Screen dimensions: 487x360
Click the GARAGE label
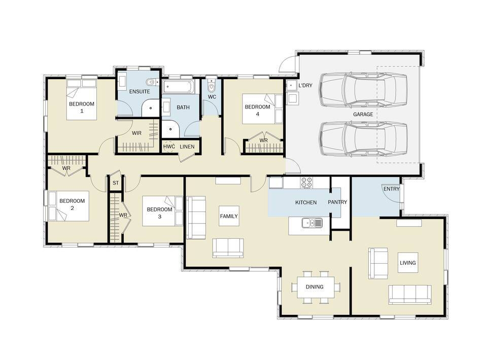click(x=363, y=114)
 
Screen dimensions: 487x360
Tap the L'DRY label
click(x=305, y=85)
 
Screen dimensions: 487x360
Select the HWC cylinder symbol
click(x=169, y=147)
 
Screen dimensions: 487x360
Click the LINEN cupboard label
click(x=187, y=147)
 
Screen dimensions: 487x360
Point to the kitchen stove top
click(x=306, y=183)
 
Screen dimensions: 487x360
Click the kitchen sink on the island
click(x=312, y=223)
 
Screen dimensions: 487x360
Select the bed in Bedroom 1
click(x=82, y=99)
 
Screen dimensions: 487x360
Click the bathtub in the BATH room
click(x=178, y=87)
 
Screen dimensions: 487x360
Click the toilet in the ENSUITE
click(x=151, y=82)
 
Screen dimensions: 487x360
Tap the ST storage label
click(x=116, y=183)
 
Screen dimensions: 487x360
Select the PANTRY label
click(x=337, y=202)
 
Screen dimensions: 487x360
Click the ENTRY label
click(x=391, y=189)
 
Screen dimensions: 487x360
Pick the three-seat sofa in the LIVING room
click(x=410, y=295)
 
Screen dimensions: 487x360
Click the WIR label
click(x=136, y=133)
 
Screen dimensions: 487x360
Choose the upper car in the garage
click(x=363, y=90)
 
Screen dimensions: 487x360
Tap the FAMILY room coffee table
click(x=229, y=216)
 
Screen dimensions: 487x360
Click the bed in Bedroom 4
click(x=262, y=109)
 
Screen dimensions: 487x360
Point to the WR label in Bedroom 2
click(x=66, y=168)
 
